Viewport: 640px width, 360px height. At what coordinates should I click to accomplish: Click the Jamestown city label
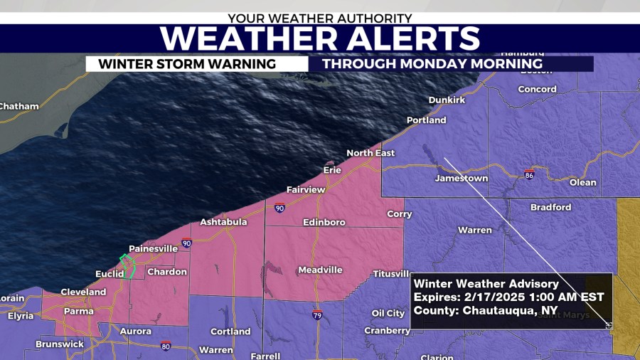pyautogui.click(x=462, y=178)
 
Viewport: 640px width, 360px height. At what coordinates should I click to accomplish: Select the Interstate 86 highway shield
pyautogui.click(x=528, y=174)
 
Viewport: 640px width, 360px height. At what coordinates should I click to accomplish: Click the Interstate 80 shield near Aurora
pyautogui.click(x=166, y=346)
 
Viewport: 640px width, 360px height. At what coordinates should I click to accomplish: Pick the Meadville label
pyautogui.click(x=319, y=270)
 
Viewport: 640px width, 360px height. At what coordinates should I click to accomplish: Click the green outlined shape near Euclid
pyautogui.click(x=127, y=265)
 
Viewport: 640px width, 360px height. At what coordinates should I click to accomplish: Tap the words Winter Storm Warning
pyautogui.click(x=187, y=64)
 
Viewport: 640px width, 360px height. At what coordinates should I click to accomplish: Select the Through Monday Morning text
pyautogui.click(x=432, y=64)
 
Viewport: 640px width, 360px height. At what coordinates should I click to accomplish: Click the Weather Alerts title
pyautogui.click(x=319, y=38)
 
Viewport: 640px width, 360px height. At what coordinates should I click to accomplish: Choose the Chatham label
pyautogui.click(x=18, y=106)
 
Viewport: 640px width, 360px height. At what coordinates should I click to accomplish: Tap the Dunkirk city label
pyautogui.click(x=447, y=100)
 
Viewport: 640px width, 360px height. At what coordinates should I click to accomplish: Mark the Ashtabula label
pyautogui.click(x=223, y=222)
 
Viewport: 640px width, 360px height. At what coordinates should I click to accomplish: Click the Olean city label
pyautogui.click(x=583, y=182)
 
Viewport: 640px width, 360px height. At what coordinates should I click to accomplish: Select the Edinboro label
pyautogui.click(x=324, y=222)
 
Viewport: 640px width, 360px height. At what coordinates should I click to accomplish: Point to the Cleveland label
pyautogui.click(x=83, y=292)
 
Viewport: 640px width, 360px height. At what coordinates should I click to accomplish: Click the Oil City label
pyautogui.click(x=388, y=313)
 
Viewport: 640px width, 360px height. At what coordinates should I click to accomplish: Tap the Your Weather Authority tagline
pyautogui.click(x=319, y=16)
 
